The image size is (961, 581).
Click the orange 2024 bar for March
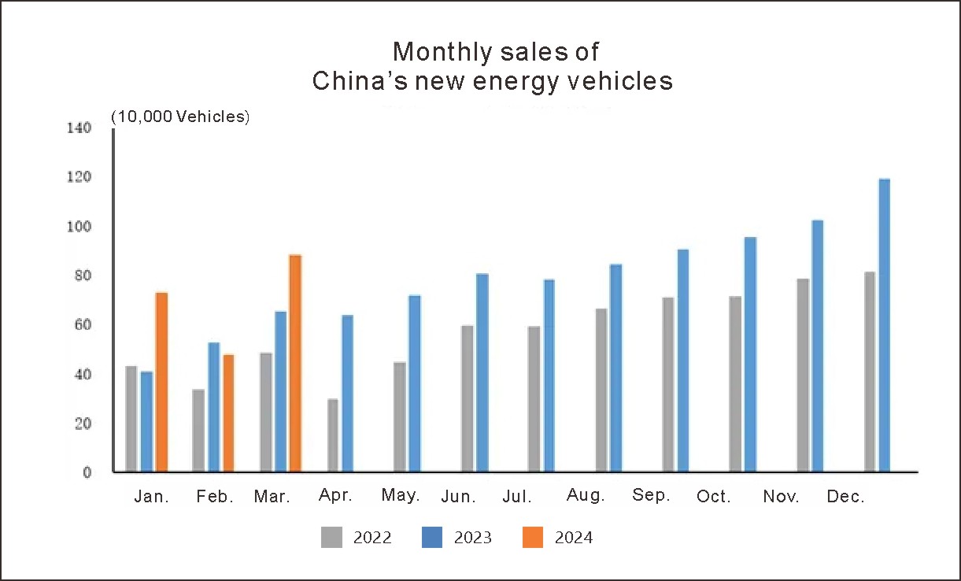(295, 363)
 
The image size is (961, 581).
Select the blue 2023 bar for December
(884, 325)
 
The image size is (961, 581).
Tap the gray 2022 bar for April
(333, 435)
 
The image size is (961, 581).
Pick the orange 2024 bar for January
(161, 382)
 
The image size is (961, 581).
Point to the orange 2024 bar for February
(228, 413)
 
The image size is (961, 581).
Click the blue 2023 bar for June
(482, 372)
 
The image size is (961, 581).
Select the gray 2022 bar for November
(803, 375)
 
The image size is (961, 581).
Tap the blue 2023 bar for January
(146, 421)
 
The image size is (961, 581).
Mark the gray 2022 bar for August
(601, 390)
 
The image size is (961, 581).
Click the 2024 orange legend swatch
(533, 538)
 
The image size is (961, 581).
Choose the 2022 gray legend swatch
(331, 538)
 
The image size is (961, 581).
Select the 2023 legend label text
(473, 538)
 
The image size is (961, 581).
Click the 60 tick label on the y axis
(83, 324)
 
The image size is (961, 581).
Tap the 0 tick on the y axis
(87, 472)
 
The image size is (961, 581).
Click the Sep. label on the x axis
(651, 495)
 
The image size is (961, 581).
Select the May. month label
(401, 495)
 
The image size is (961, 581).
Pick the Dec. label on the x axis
(846, 497)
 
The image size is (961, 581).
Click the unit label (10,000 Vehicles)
(180, 117)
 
